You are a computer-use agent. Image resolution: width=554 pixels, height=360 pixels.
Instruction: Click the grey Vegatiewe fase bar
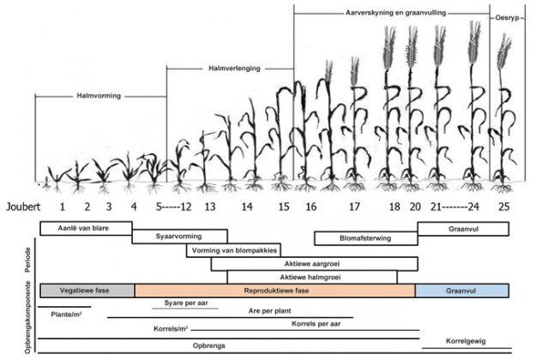tap(87, 291)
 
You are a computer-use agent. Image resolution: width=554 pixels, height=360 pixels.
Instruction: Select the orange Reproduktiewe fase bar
tap(275, 291)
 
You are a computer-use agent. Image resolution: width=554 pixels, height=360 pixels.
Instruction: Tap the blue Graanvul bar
tap(462, 291)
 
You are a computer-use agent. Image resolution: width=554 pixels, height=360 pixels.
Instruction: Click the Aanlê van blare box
tap(87, 228)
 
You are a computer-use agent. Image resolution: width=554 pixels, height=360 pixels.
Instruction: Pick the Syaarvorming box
tap(180, 237)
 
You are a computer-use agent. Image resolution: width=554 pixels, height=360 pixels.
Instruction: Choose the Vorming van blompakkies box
tap(233, 250)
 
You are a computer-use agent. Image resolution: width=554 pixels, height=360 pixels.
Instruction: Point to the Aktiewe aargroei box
tap(315, 264)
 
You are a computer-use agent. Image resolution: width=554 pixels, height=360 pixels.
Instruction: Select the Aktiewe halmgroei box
tap(312, 277)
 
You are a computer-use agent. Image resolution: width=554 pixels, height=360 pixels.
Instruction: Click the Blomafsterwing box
tap(366, 238)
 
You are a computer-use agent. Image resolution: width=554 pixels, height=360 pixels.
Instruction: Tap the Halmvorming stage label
tap(99, 96)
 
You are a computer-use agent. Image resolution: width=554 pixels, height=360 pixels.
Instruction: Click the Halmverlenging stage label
tap(234, 69)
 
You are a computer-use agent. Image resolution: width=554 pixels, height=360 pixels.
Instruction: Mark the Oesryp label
tap(508, 18)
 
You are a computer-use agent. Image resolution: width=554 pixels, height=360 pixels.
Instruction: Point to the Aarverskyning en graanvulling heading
tap(395, 13)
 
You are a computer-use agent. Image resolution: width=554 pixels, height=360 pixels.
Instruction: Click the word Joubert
tap(23, 207)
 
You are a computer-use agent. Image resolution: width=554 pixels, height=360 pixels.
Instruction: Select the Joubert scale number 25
tap(503, 207)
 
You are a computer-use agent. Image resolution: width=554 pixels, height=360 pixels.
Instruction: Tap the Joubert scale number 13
tap(210, 207)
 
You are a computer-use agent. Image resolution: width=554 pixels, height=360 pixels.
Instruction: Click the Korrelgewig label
tap(466, 341)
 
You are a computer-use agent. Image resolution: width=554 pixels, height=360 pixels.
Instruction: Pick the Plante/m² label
tap(66, 314)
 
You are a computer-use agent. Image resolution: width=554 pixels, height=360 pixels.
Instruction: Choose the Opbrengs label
tap(208, 345)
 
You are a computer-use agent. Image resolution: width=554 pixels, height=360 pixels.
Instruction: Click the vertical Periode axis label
tap(27, 260)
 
